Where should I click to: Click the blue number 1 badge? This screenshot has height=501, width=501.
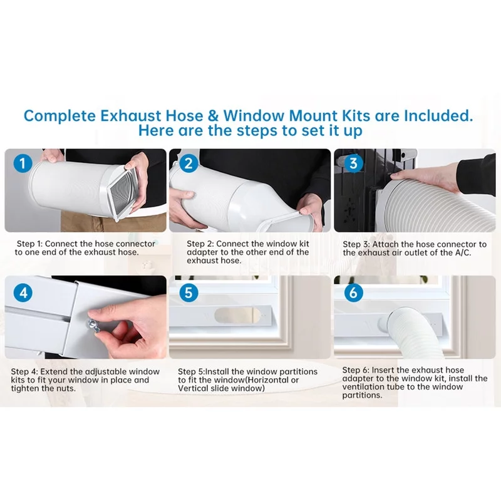coord(23,163)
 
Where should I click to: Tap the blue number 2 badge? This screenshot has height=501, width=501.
coord(189,163)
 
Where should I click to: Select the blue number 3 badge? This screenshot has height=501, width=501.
coord(353,163)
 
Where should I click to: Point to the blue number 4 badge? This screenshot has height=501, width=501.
coord(23,292)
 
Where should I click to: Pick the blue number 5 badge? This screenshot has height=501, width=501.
coord(189,292)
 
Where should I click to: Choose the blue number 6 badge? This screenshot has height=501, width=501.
coord(353,292)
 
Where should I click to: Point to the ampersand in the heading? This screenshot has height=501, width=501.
coord(213,116)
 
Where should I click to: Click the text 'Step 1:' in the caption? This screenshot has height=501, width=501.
coord(29,244)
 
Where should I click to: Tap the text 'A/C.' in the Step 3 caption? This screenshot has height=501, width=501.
coord(463,252)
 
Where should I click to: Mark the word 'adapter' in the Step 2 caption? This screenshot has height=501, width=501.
coord(200,252)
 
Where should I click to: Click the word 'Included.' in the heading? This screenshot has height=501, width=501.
coord(438,116)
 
